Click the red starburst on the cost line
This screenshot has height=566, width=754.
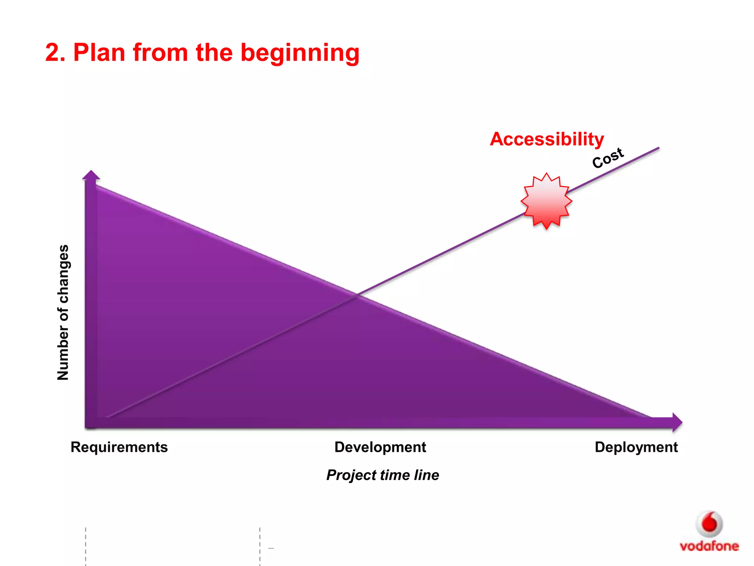coord(546,201)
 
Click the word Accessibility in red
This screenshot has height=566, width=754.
coord(547,139)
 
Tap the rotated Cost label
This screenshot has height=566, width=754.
coord(608,158)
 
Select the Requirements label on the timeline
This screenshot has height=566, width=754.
coord(119,447)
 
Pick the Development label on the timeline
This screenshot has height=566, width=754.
coord(380,447)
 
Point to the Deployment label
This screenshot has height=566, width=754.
coord(636,447)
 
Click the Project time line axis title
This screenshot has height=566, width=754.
coord(383,475)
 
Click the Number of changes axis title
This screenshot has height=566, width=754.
coord(63,312)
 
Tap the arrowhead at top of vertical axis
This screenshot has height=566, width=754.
coord(91,175)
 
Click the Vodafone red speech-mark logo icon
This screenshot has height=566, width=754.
coord(709,524)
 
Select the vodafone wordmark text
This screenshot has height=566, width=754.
coord(709,546)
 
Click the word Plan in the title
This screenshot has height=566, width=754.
coord(99,52)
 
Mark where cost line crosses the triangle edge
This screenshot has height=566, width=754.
coord(357,295)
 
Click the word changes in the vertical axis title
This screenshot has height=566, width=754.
coord(64,273)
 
